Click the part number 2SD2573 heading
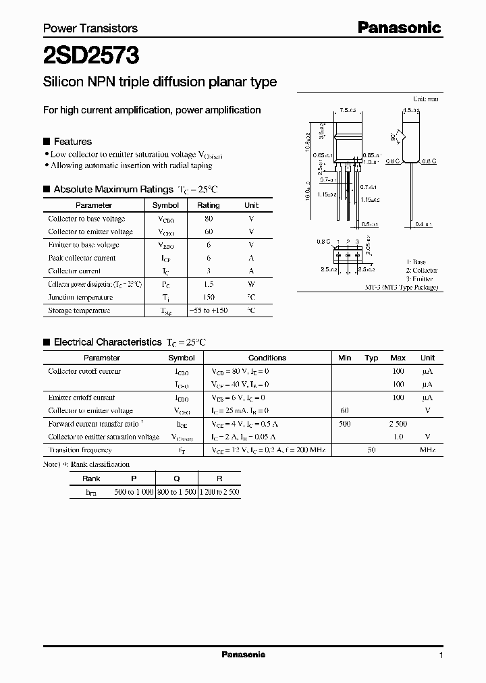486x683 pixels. coord(91,55)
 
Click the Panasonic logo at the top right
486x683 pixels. coord(399,28)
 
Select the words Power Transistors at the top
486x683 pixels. coord(90,28)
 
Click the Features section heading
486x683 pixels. coord(72,142)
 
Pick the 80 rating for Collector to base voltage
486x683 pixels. coord(208,219)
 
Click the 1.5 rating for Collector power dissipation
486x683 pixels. coord(208,284)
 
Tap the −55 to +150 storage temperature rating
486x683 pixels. coord(208,310)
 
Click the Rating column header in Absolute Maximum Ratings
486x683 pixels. coord(208,205)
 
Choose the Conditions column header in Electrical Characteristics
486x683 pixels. coord(267,358)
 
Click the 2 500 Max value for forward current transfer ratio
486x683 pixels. coord(398,424)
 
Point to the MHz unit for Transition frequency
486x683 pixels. coord(427,450)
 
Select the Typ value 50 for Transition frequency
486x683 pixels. coord(371,450)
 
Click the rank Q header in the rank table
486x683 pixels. coord(176,479)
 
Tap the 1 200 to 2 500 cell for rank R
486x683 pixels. coord(219,492)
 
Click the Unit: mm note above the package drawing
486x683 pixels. coord(425,99)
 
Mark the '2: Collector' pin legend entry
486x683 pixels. coord(421,270)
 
